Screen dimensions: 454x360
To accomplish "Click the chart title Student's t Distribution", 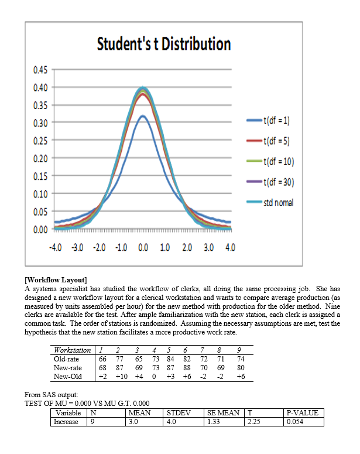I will pyautogui.click(x=163, y=44).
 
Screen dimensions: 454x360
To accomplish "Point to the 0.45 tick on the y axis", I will pyautogui.click(x=40, y=70).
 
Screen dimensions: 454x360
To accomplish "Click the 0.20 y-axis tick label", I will pyautogui.click(x=40, y=158).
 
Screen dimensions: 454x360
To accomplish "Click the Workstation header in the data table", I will pyautogui.click(x=71, y=350).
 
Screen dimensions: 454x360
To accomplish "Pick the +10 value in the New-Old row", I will pyautogui.click(x=121, y=376).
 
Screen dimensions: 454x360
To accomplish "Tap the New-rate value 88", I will pyautogui.click(x=187, y=367).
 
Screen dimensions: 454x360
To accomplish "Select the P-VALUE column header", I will pyautogui.click(x=302, y=412).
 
